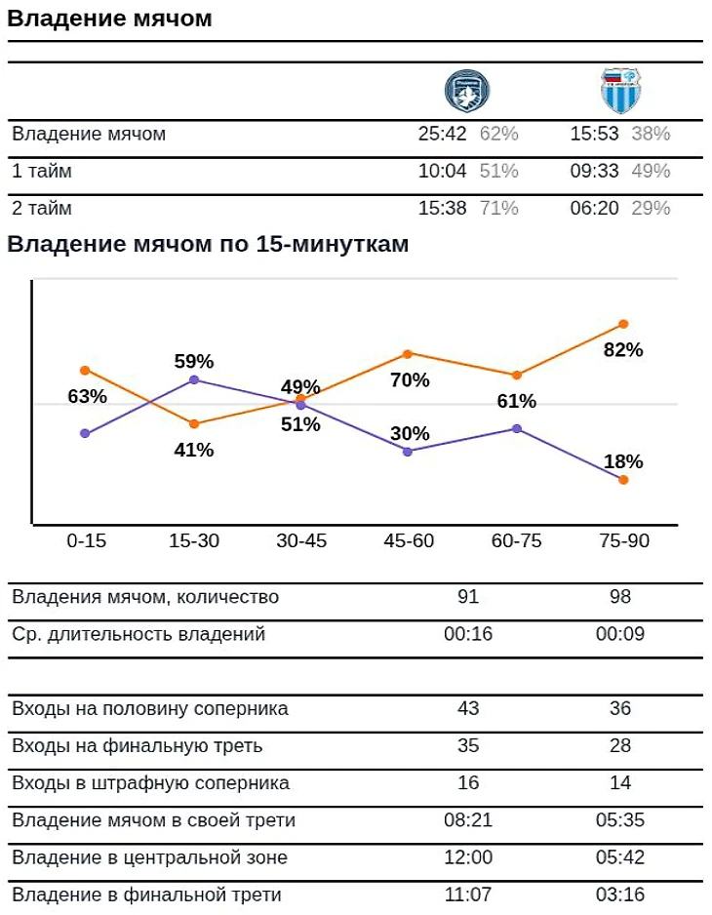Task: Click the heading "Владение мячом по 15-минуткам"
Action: point(208,245)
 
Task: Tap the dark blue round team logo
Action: point(466,92)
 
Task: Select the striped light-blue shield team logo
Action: point(620,92)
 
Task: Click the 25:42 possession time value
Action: point(443,135)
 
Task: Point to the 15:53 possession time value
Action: point(595,135)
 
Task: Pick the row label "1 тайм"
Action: point(42,172)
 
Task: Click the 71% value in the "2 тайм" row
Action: point(498,209)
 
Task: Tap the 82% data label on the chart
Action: point(623,350)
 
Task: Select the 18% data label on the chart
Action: point(623,461)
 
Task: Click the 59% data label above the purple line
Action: point(194,361)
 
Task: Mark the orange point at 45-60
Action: point(408,353)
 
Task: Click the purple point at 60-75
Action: point(517,428)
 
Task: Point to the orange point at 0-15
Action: point(85,371)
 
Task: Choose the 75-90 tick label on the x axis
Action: point(623,541)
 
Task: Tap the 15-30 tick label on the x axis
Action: point(194,541)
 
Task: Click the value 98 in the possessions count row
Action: point(620,597)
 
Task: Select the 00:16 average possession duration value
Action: point(468,634)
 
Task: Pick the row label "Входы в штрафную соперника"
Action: point(151,783)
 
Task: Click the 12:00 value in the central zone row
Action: point(468,857)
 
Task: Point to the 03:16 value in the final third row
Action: point(620,895)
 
